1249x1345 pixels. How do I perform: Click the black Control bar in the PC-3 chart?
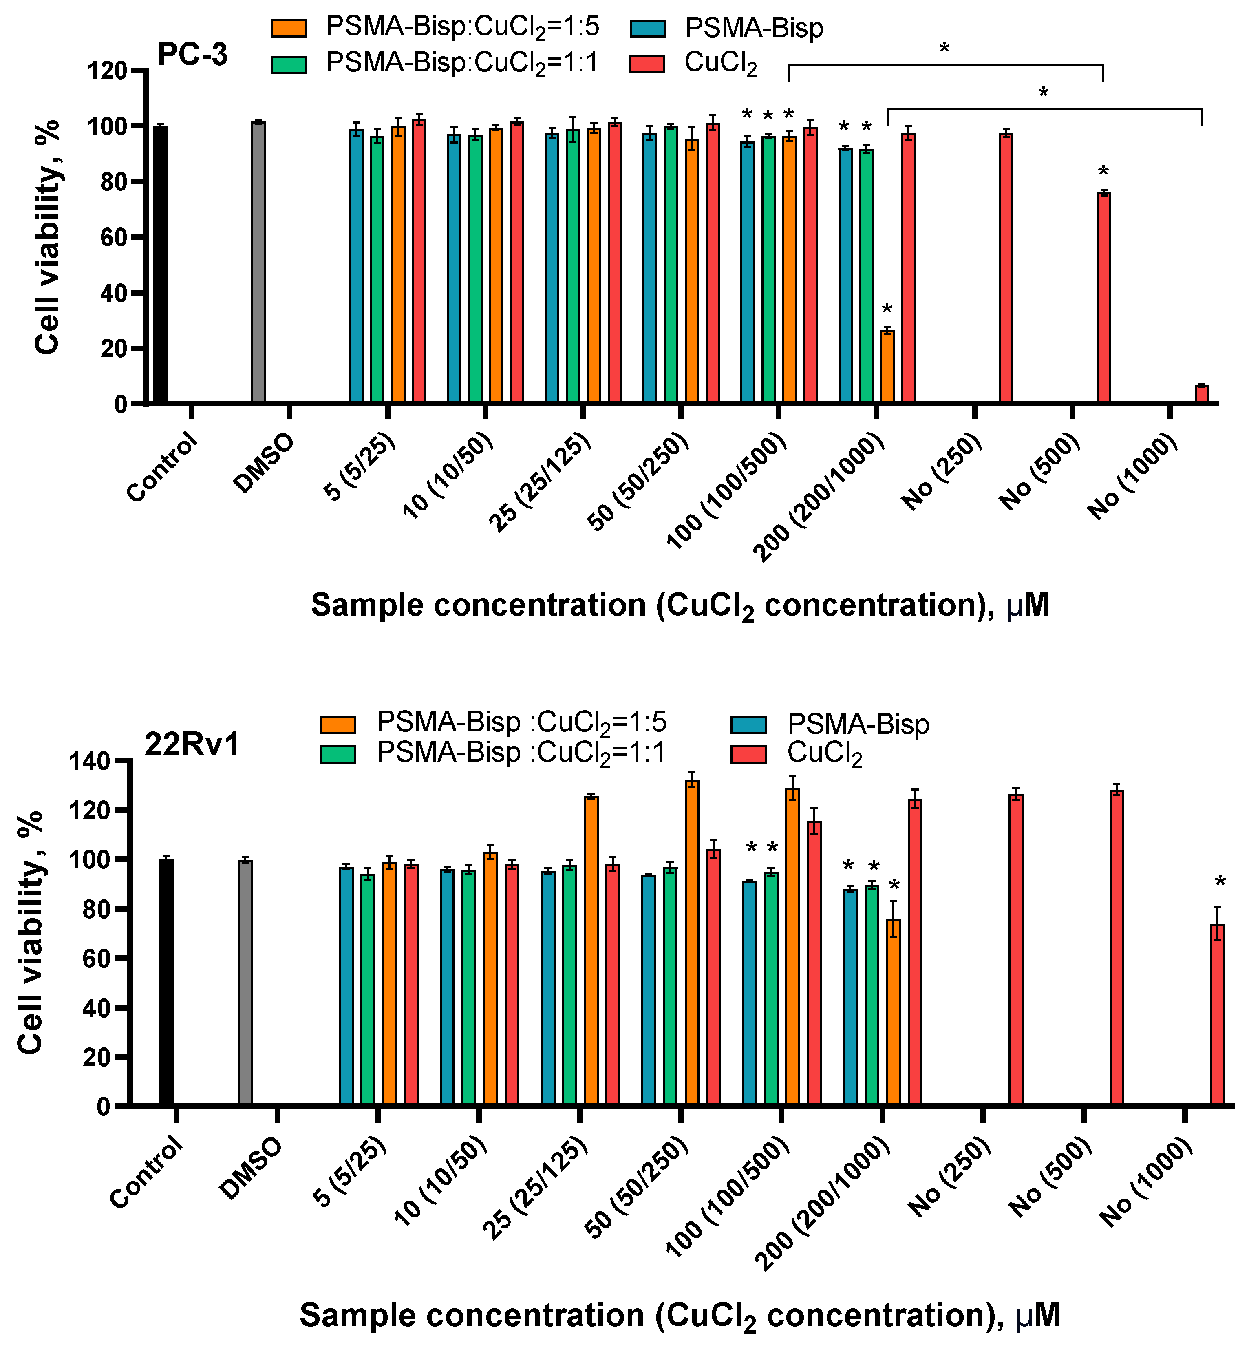point(160,265)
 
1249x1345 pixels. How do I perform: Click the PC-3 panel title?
point(193,55)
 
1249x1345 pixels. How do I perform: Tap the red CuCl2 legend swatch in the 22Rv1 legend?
point(749,754)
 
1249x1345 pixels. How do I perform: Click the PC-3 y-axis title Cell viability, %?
point(47,236)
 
